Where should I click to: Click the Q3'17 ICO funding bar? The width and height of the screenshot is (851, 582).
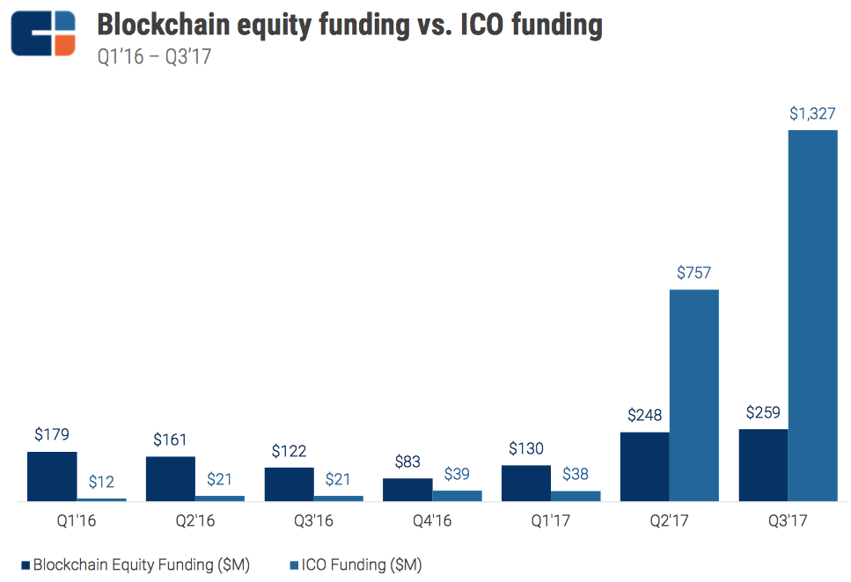[812, 316]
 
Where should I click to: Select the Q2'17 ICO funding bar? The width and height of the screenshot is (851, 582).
[694, 396]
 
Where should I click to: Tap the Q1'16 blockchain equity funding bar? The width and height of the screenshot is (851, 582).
[52, 477]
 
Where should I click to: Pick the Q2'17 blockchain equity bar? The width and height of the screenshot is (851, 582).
[645, 467]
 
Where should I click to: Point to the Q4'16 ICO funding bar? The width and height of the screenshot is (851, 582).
[457, 496]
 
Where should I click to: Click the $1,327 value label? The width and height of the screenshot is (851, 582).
[812, 114]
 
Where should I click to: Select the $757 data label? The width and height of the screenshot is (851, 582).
[694, 273]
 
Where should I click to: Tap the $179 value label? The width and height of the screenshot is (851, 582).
[52, 435]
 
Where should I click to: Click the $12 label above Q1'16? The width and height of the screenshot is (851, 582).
[101, 483]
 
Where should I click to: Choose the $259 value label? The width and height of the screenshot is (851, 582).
[763, 413]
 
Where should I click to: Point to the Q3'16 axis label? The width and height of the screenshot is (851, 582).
[313, 521]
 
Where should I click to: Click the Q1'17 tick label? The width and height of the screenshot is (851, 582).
[551, 521]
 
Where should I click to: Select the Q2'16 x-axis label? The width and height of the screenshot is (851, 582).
[194, 521]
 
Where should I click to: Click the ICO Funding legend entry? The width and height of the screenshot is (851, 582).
[356, 564]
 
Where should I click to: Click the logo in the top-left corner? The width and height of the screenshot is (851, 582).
[43, 34]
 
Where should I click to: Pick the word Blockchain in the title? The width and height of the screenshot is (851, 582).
[163, 25]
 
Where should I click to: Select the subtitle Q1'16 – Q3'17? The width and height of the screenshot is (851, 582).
[154, 58]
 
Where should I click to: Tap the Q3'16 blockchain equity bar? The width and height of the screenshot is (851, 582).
[289, 484]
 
